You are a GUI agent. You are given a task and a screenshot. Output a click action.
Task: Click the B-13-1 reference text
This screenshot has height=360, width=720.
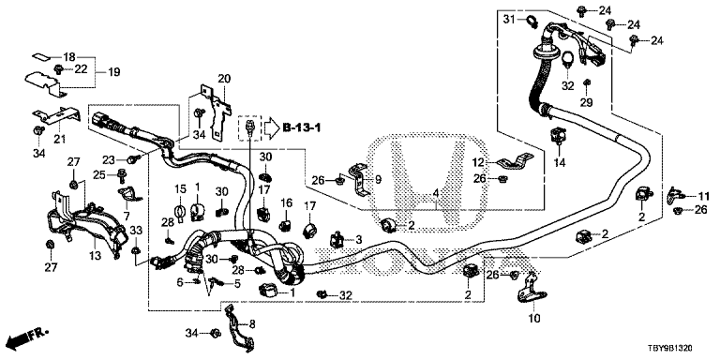pos(301,127)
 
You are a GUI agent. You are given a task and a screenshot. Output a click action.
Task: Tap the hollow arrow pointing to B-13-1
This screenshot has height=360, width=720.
pos(270,127)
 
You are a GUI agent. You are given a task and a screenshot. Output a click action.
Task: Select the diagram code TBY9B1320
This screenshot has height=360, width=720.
pos(676,349)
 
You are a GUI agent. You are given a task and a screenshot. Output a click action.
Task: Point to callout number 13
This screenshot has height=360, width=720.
pos(95,256)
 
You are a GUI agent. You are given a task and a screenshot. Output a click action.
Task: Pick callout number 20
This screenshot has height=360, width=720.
pos(224,79)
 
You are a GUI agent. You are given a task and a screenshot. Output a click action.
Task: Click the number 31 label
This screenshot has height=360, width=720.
pos(509,19)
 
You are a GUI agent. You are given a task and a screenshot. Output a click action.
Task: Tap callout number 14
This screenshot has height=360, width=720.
pos(561,162)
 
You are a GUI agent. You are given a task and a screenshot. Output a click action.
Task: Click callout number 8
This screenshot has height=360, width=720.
pos(251,323)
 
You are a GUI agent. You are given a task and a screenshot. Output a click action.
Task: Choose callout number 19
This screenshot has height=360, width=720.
pos(113,71)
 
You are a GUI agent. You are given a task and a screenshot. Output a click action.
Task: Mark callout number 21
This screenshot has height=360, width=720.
pos(59,138)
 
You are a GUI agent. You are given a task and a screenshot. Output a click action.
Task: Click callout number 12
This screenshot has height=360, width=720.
pos(479,161)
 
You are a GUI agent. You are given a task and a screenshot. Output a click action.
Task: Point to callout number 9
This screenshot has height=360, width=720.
pos(378,180)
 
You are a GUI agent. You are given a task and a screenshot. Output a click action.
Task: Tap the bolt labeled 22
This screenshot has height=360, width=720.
pos(58,69)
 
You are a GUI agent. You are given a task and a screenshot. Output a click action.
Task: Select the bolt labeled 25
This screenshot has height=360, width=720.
pos(123,174)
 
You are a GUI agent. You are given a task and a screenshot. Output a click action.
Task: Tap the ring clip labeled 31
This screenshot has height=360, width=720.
pos(532,21)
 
